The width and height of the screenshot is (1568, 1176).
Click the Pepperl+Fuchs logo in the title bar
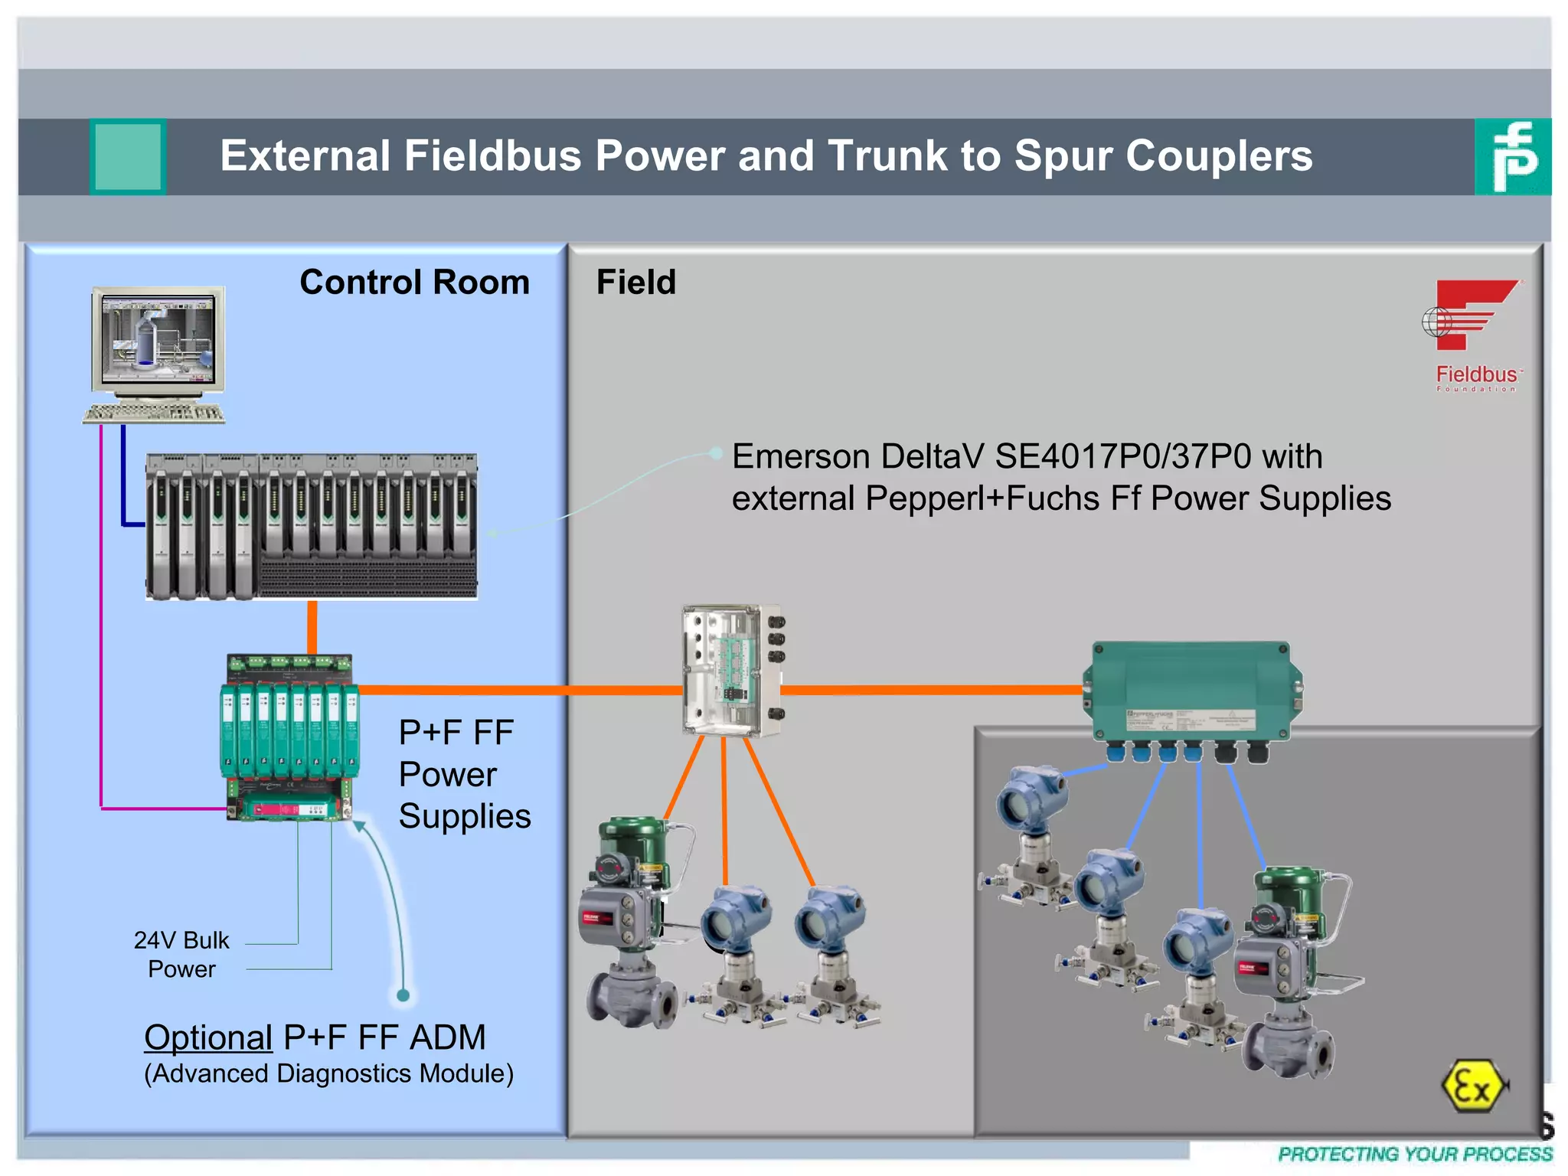click(1512, 157)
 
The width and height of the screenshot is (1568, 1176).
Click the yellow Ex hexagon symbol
click(1472, 1085)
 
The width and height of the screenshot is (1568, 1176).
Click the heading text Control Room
click(414, 283)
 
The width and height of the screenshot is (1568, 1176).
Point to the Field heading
click(636, 283)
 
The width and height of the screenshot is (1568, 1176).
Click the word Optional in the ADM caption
click(208, 1038)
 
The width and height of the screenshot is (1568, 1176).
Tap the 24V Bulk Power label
click(181, 955)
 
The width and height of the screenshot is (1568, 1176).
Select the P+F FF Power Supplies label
click(464, 774)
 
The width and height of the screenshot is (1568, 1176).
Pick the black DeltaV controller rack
click(312, 527)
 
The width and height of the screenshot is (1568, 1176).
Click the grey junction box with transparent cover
click(732, 671)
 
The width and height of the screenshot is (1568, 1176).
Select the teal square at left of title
click(128, 157)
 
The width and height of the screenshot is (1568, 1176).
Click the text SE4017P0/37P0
click(1123, 457)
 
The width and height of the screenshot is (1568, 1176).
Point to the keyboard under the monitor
click(154, 413)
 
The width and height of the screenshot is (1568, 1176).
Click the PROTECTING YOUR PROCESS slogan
click(1415, 1154)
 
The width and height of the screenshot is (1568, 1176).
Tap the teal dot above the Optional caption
click(403, 995)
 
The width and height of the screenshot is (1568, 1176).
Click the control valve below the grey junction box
click(630, 923)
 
